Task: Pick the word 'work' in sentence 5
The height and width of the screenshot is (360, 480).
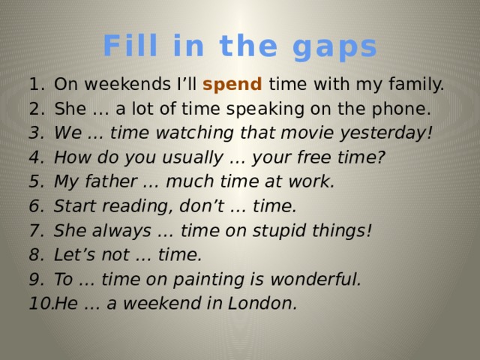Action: [x=312, y=182]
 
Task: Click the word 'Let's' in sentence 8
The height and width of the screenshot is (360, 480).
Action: [x=75, y=255]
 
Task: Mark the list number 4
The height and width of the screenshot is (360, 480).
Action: [x=37, y=158]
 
